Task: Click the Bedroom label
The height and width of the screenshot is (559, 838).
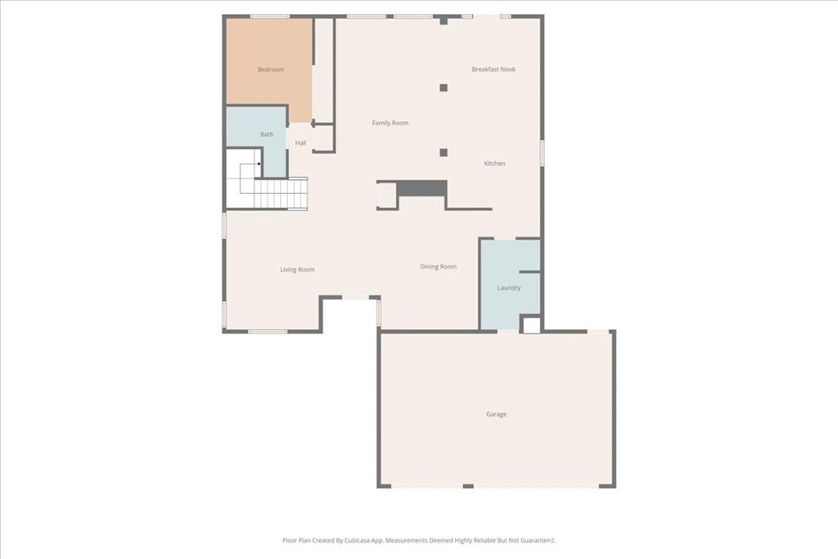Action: coord(271,70)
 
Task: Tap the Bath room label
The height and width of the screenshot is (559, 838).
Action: coord(268,134)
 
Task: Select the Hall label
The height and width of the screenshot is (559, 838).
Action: coord(301,143)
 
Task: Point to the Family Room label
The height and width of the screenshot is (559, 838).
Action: coord(390,123)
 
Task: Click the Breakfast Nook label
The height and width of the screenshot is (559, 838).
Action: coord(493,70)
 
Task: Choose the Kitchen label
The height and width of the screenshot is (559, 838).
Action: coord(494,164)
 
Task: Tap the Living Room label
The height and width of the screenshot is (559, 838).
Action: coord(297,269)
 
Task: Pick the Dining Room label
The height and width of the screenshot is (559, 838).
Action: coord(438,267)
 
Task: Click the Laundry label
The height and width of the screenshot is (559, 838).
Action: coord(509,288)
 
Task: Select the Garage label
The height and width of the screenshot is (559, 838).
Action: coord(496,414)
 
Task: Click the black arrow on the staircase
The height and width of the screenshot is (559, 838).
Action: coord(259,165)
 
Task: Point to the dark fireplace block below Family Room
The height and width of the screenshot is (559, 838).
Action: coord(422,188)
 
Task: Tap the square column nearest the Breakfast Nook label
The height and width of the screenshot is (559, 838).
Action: coord(444,88)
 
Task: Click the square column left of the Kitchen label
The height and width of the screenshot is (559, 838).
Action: coord(444,152)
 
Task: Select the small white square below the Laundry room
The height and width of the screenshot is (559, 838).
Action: coord(531,325)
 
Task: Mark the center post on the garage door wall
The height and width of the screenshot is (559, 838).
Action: coord(468,486)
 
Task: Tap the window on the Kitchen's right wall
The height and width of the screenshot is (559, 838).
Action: coord(542,152)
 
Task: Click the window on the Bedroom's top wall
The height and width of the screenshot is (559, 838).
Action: coord(269,16)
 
